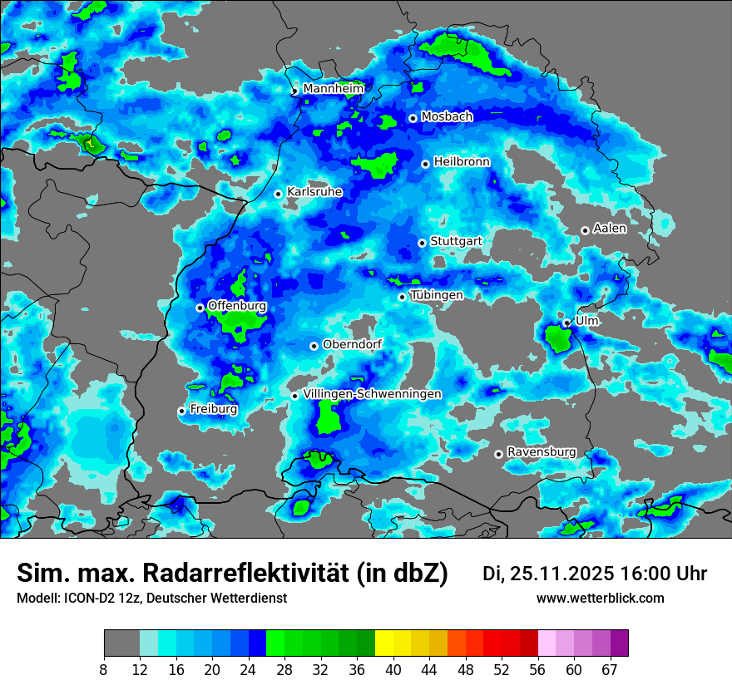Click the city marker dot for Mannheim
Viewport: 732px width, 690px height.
pyautogui.click(x=294, y=91)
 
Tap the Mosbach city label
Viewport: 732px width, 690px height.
pyautogui.click(x=447, y=117)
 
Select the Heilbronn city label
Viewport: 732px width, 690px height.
pyautogui.click(x=462, y=162)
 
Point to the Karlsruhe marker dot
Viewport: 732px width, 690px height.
pyautogui.click(x=279, y=194)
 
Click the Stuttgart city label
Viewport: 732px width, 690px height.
pyautogui.click(x=456, y=241)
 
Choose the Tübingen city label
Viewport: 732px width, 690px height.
pyautogui.click(x=437, y=295)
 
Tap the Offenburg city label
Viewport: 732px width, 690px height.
pyautogui.click(x=237, y=306)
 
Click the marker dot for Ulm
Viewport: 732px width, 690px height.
pyautogui.click(x=566, y=323)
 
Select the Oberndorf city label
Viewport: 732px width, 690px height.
pyautogui.click(x=352, y=344)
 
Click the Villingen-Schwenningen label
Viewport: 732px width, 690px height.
pyautogui.click(x=372, y=394)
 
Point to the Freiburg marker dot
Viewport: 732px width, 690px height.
pyautogui.click(x=181, y=411)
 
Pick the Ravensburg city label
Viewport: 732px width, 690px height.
pyautogui.click(x=542, y=452)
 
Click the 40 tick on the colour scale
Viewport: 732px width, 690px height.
pyautogui.click(x=393, y=669)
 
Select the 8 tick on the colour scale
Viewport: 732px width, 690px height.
pyautogui.click(x=104, y=669)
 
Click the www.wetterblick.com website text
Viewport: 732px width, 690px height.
pyautogui.click(x=601, y=598)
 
